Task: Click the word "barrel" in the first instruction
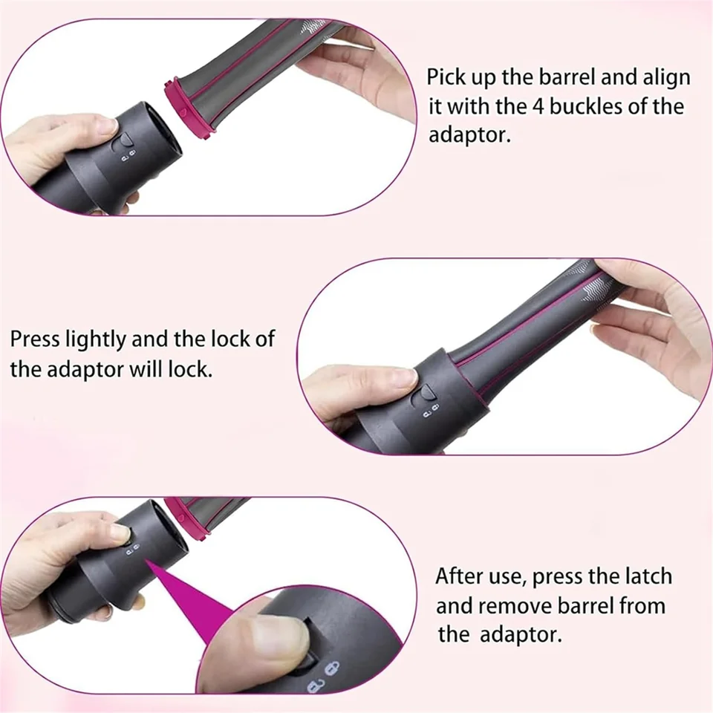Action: pyautogui.click(x=567, y=77)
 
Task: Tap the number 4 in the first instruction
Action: pyautogui.click(x=539, y=107)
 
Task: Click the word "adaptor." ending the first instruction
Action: pyautogui.click(x=470, y=135)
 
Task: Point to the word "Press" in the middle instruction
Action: pyautogui.click(x=35, y=339)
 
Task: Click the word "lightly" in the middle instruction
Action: pyautogui.click(x=96, y=340)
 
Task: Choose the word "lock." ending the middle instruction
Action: pyautogui.click(x=191, y=369)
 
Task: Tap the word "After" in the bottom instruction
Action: pyautogui.click(x=458, y=576)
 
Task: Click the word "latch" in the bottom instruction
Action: pyautogui.click(x=648, y=576)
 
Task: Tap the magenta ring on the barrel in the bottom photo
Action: pyautogui.click(x=188, y=518)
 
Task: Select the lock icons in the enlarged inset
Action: pyautogui.click(x=323, y=676)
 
